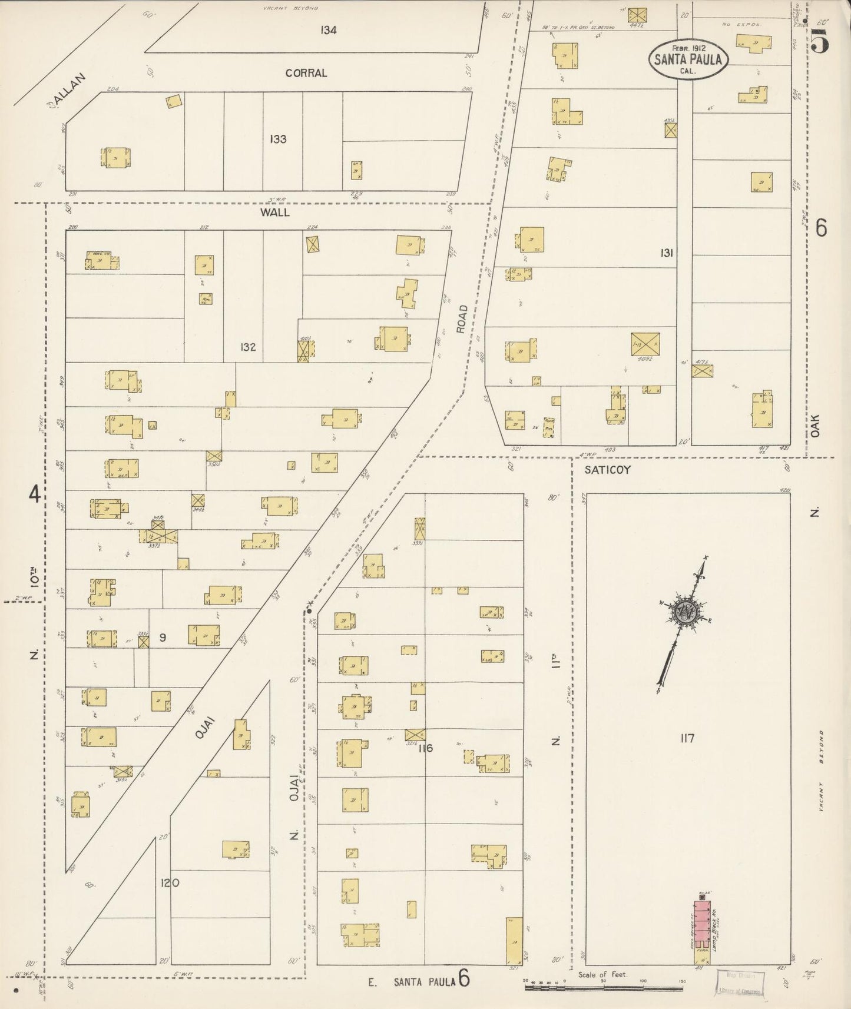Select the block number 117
coord(687,738)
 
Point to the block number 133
coord(278,139)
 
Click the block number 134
coord(329,30)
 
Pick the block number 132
coord(248,347)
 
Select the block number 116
coord(425,748)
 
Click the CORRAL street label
coord(306,73)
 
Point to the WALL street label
coord(275,212)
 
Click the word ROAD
coord(462,319)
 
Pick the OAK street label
coord(815,424)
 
